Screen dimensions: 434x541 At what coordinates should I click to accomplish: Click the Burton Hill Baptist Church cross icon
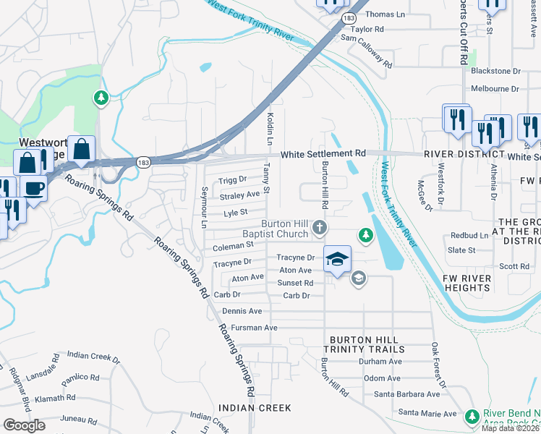point(320,229)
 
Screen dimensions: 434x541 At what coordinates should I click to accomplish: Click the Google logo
point(24,425)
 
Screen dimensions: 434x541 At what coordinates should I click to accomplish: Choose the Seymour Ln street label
point(204,203)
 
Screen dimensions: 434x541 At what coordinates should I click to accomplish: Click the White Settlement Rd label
point(323,154)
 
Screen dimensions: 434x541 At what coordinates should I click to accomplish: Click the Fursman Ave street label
point(250,328)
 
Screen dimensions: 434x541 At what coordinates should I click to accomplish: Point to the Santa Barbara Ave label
point(406,394)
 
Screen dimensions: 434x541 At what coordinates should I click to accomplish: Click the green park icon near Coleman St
point(366,235)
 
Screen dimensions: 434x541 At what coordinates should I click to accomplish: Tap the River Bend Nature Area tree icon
point(472,417)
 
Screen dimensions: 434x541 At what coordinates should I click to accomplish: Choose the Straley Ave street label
point(239,195)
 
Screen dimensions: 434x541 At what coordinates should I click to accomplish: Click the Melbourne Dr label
point(495,89)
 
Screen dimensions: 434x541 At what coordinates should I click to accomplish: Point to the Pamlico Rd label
point(80,378)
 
